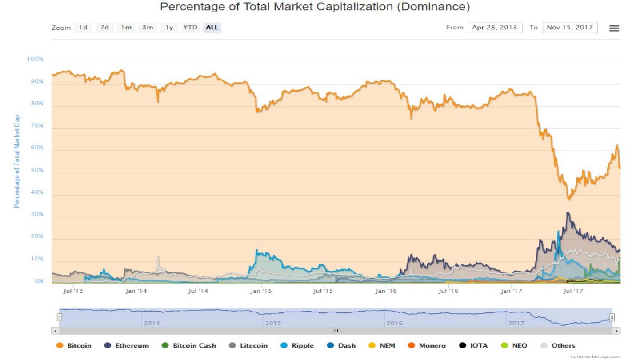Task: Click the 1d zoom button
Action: pos(83,28)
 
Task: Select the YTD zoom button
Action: pos(190,28)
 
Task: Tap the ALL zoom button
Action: pos(212,28)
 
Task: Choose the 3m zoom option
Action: pos(148,28)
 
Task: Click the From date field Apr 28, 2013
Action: pos(495,28)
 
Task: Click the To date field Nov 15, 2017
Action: pos(570,28)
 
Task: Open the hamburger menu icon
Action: pos(614,28)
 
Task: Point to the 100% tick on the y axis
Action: pos(36,59)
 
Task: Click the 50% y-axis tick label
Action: pos(37,170)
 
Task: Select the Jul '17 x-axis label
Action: pos(573,291)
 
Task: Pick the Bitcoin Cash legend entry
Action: pos(189,345)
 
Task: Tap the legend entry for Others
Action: pos(558,345)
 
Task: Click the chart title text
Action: pos(315,7)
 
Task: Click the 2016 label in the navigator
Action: pos(394,323)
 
